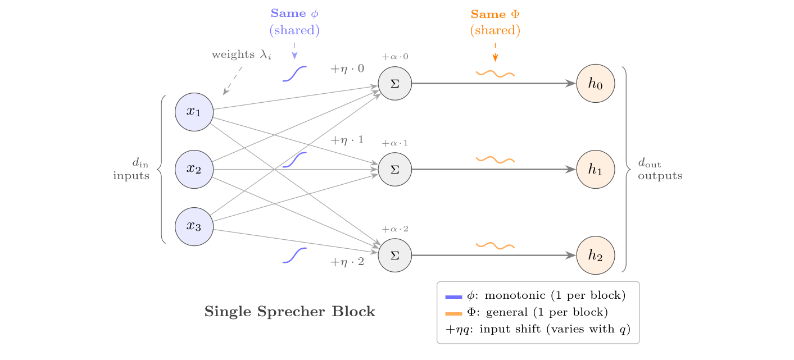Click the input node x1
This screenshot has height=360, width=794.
point(194,112)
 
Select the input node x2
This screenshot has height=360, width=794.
point(194,169)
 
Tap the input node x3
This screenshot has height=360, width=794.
point(194,226)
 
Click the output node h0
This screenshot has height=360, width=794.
point(596,83)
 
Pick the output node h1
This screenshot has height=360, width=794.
point(596,169)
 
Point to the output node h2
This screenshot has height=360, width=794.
point(596,256)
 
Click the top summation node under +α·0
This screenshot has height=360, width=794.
point(395,83)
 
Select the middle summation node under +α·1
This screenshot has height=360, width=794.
point(395,169)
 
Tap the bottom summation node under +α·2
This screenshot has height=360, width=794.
point(395,256)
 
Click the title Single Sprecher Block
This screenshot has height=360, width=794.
point(289,312)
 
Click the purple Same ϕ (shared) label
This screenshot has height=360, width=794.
point(294,22)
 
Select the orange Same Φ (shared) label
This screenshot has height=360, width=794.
point(495,22)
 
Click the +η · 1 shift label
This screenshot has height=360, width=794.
point(347,140)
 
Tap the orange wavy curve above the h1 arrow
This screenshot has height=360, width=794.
point(495,160)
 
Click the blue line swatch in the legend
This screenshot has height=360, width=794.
point(453,296)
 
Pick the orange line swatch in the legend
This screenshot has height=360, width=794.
point(453,313)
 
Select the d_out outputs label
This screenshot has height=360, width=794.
point(660,170)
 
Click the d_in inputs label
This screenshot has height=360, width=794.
point(132,170)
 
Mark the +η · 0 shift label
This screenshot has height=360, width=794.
point(347,69)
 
